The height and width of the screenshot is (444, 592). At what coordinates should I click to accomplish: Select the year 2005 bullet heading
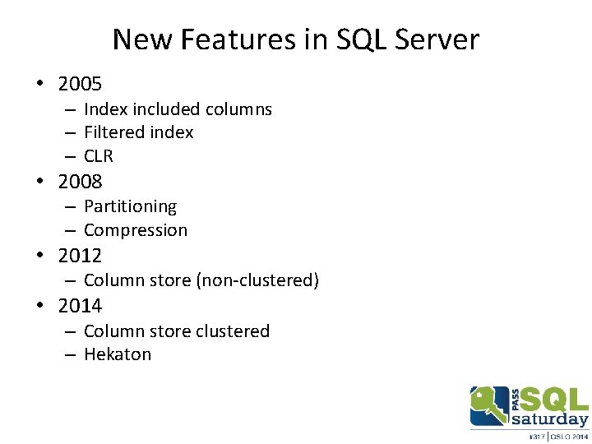(80, 84)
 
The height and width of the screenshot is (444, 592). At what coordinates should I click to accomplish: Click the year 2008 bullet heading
(80, 181)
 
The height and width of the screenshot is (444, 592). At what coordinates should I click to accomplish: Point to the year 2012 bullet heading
(80, 256)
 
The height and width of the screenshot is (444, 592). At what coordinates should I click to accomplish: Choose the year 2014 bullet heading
(80, 306)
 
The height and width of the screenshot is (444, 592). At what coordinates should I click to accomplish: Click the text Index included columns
(178, 109)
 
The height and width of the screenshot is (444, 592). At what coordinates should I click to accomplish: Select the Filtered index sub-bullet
(138, 132)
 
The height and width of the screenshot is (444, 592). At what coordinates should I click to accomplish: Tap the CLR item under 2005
(99, 156)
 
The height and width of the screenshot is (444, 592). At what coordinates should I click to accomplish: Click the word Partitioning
(130, 206)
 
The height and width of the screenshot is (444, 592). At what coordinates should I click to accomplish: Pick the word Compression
(136, 230)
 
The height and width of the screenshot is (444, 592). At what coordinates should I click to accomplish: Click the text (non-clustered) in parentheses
(257, 280)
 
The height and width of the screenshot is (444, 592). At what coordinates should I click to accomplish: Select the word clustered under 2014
(231, 331)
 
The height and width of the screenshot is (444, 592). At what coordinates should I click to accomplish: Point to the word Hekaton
(118, 354)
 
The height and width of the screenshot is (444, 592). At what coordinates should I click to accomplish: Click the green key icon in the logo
(489, 405)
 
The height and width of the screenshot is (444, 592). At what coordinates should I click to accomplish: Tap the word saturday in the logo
(548, 419)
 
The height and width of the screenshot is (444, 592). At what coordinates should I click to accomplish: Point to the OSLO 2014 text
(566, 436)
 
